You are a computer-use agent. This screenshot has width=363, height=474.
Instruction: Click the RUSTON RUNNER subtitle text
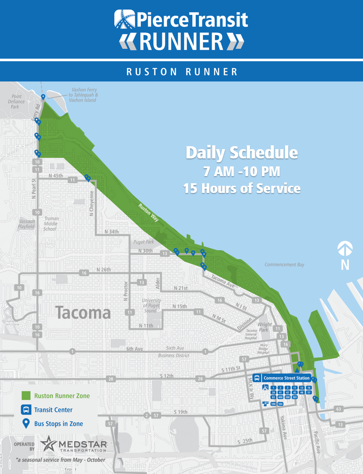click(182, 72)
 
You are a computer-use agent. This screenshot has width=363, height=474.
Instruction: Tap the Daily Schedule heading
click(242, 153)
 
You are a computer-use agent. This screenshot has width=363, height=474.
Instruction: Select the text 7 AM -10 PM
click(242, 172)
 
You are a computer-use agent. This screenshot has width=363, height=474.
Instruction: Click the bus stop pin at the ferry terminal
click(43, 97)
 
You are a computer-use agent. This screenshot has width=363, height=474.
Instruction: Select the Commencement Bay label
click(284, 265)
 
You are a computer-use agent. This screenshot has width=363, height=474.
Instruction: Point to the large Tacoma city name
click(83, 313)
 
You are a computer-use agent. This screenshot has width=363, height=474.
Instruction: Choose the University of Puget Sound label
click(152, 305)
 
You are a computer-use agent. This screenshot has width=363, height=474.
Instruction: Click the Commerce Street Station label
click(286, 378)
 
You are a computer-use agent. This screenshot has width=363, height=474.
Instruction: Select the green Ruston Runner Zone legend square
click(26, 396)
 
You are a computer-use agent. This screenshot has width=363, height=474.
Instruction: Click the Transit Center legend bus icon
click(26, 410)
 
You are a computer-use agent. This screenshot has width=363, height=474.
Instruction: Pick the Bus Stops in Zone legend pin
click(26, 423)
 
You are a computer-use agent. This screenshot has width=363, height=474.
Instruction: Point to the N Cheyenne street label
click(91, 204)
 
